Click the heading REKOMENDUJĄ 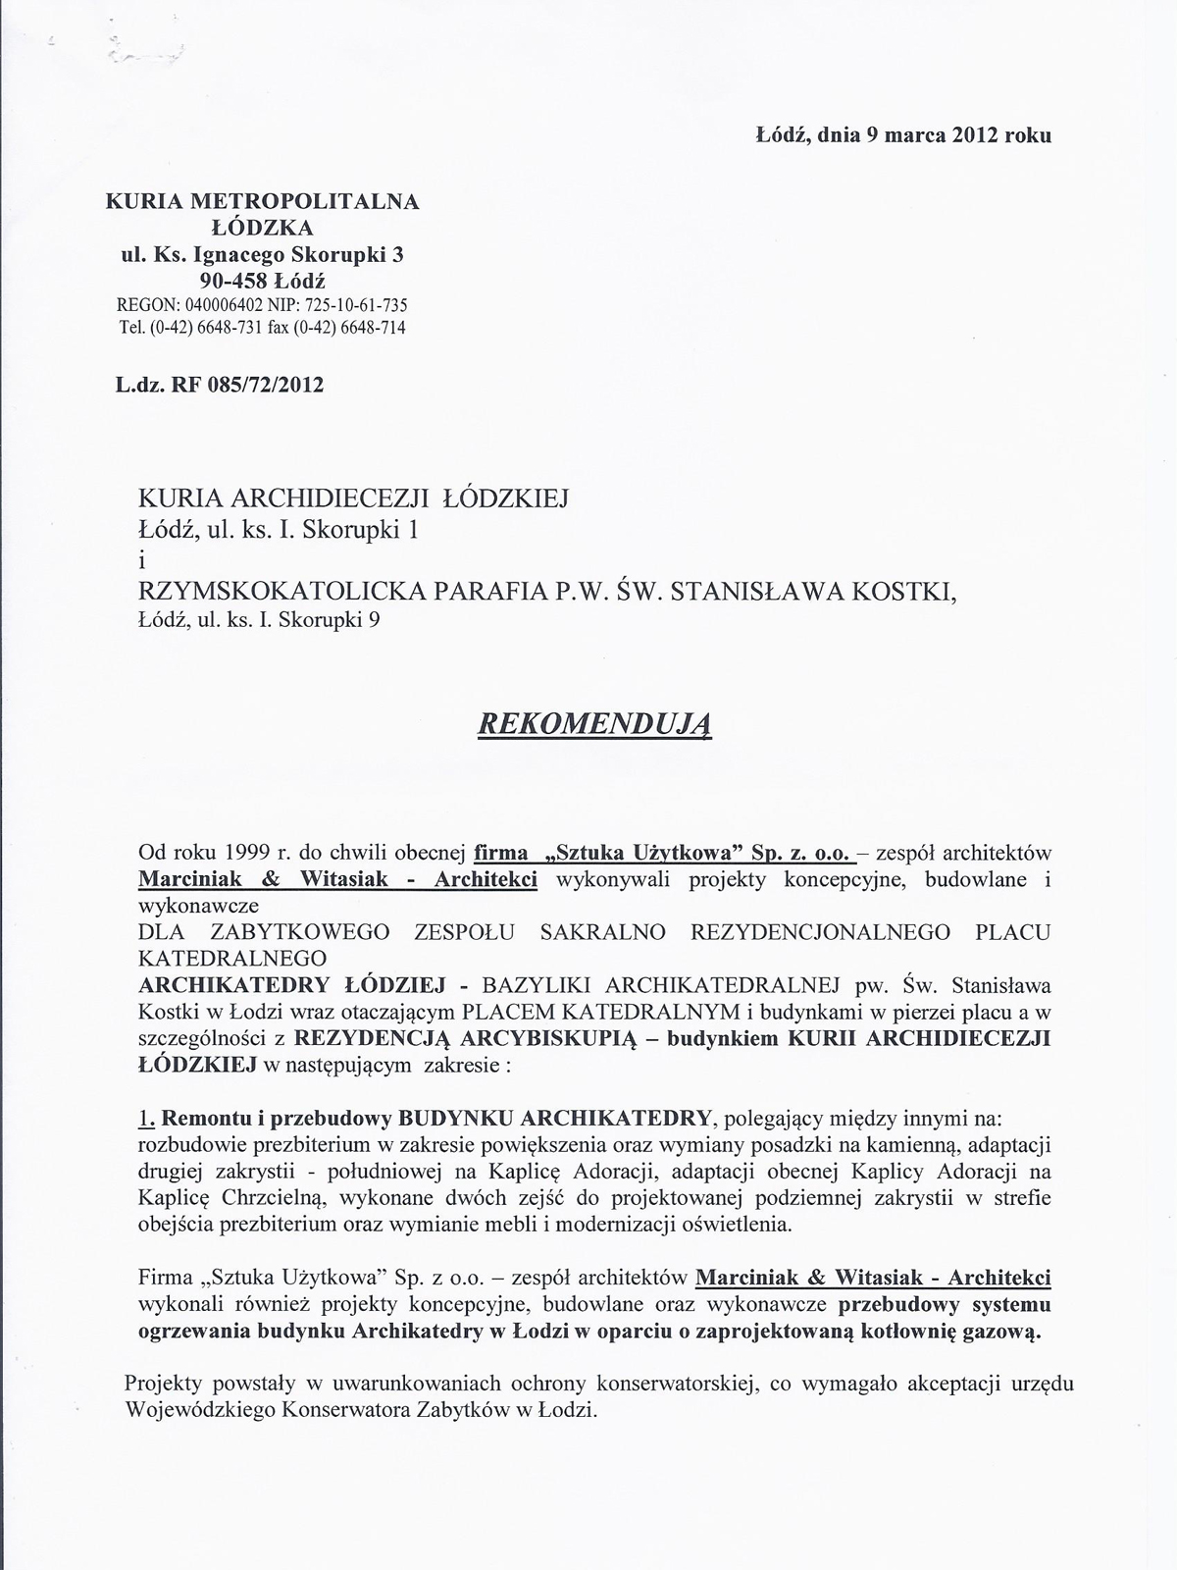pyautogui.click(x=593, y=723)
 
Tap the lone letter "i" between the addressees pyautogui.click(x=142, y=561)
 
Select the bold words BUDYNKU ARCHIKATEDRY pyautogui.click(x=554, y=1118)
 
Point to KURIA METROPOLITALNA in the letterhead pyautogui.click(x=262, y=202)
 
